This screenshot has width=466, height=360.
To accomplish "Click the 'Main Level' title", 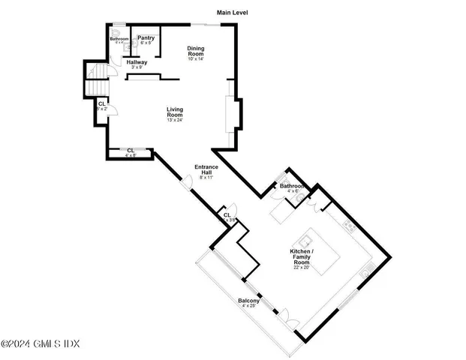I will [232, 13].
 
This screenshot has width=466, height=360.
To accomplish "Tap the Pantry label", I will [146, 37].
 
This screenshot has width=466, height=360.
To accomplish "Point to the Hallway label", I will [137, 62].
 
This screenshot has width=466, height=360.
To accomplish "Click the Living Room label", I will [175, 112].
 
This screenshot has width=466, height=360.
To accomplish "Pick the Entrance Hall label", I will [206, 169].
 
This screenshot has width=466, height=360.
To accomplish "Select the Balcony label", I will [248, 301].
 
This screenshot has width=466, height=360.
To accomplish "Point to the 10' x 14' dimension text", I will [195, 59].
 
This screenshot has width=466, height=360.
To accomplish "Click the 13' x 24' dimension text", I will [175, 120].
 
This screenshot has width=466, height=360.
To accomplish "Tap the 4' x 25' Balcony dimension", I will [248, 307].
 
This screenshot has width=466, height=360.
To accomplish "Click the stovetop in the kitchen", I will [348, 223].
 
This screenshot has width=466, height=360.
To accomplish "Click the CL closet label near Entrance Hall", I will [227, 214].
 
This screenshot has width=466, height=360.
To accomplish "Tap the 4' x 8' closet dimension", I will [131, 156].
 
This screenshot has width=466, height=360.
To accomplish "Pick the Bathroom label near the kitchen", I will [293, 185].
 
